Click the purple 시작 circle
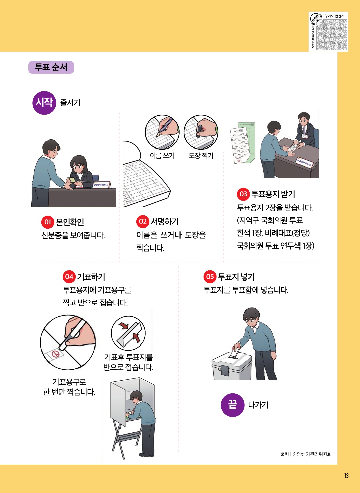(x=44, y=103)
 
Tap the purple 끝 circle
(x=233, y=405)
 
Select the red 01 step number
(x=48, y=222)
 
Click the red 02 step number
(x=143, y=221)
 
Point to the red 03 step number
(x=243, y=194)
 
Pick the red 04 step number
(x=69, y=277)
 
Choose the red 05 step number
(x=210, y=277)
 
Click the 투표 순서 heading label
(x=51, y=67)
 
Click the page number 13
(x=346, y=476)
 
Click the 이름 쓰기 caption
(x=162, y=155)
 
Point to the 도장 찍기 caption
(x=201, y=155)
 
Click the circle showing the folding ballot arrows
(x=128, y=333)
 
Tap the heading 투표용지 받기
(x=273, y=194)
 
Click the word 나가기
(x=258, y=405)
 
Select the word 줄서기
(x=70, y=103)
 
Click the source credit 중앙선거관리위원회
(x=312, y=454)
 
